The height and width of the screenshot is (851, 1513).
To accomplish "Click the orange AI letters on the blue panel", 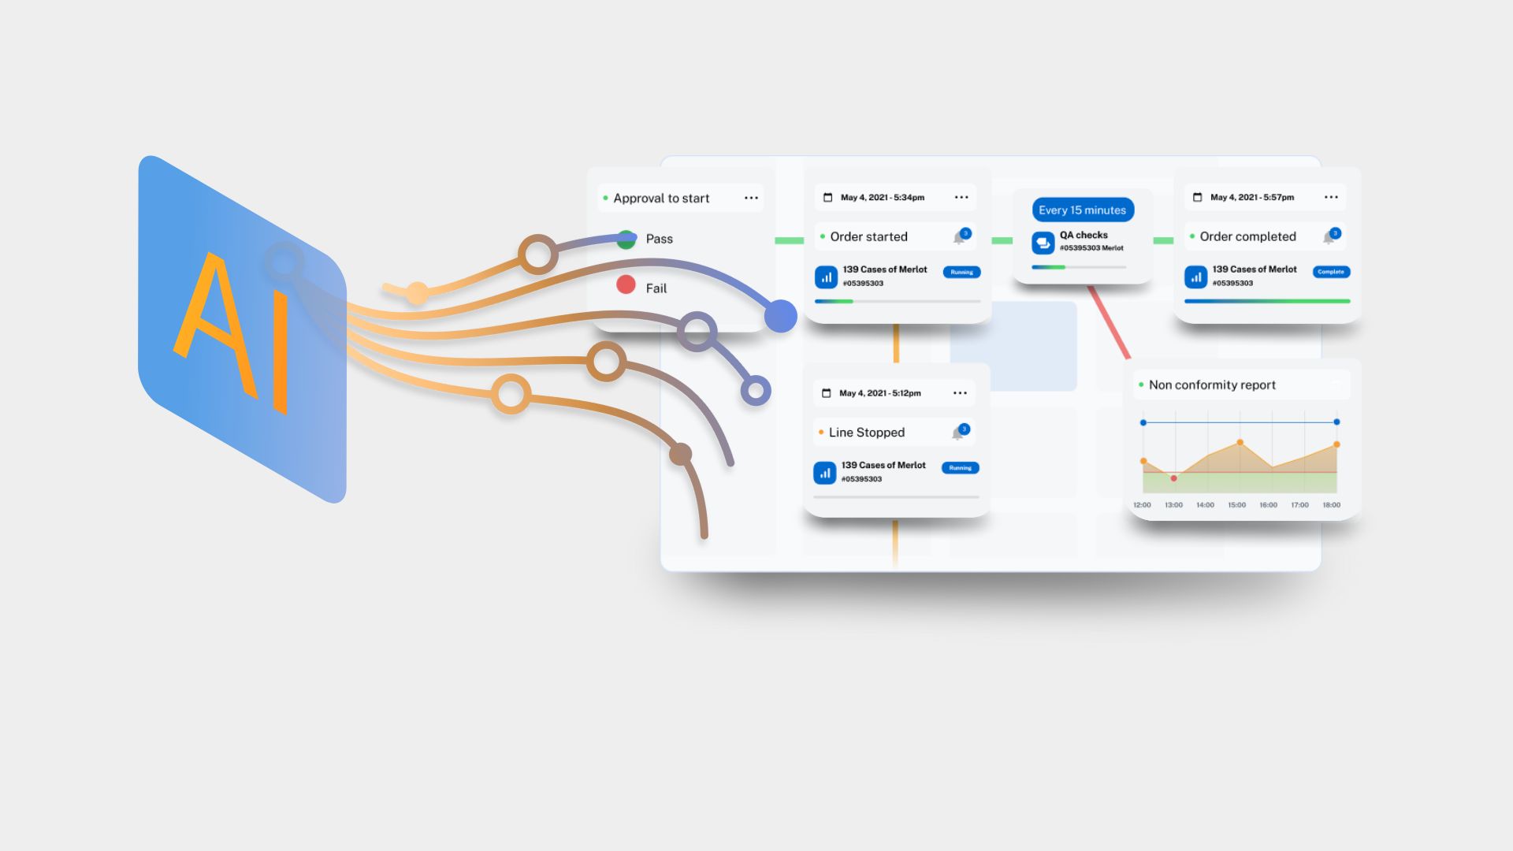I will click(x=233, y=331).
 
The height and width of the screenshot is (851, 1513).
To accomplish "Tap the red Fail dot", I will click(x=626, y=284).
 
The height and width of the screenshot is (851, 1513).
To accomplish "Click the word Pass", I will click(x=660, y=239).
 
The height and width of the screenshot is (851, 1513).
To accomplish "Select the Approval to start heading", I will click(x=661, y=199).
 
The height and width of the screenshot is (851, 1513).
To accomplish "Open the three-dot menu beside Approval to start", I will click(x=751, y=198).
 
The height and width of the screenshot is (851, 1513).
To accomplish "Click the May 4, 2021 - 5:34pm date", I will click(x=882, y=198).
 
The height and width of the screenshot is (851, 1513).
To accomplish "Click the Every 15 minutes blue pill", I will click(x=1082, y=210).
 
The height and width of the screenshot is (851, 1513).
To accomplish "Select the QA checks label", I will click(x=1084, y=235).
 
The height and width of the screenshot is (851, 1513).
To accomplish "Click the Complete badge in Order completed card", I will click(x=1331, y=272).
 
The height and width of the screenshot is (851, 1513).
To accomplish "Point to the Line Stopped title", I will click(x=867, y=433).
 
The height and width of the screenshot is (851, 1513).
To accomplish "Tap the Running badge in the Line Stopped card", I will click(x=960, y=468).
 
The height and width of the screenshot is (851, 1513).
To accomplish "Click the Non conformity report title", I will click(x=1212, y=385).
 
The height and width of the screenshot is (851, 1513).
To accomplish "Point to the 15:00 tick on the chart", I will click(x=1236, y=505).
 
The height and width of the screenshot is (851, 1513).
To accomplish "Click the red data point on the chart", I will click(x=1174, y=478).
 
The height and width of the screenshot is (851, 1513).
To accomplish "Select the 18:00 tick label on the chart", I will click(x=1331, y=505).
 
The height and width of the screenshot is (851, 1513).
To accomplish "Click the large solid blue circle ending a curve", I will click(x=780, y=316).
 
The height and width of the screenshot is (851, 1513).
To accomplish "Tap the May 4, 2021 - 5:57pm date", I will click(x=1251, y=198).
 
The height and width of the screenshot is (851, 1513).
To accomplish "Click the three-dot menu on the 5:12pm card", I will click(x=960, y=393).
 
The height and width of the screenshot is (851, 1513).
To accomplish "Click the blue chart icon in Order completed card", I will click(x=1195, y=277).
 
